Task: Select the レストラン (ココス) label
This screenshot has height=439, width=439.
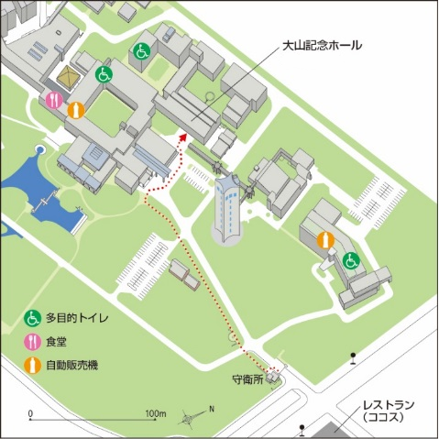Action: [388, 410]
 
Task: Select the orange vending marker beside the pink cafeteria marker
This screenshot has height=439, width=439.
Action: [77, 108]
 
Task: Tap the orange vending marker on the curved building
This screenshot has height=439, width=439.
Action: [328, 239]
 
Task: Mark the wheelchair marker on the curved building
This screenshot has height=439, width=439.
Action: [350, 261]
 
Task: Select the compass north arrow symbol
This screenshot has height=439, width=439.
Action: [192, 415]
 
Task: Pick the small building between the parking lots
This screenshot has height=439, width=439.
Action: [181, 270]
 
